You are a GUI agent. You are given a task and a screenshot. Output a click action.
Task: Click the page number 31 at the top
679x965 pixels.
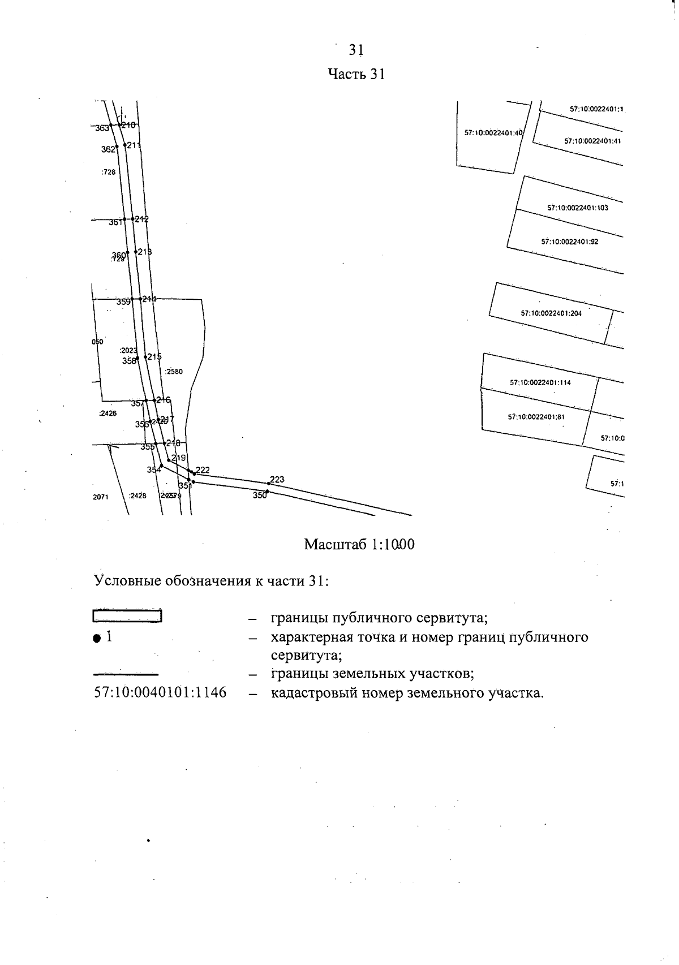pyautogui.click(x=355, y=50)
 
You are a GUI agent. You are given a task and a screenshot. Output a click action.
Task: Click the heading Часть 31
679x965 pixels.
pyautogui.click(x=356, y=75)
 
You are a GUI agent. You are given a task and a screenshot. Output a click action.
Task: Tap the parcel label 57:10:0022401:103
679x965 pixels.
pyautogui.click(x=577, y=208)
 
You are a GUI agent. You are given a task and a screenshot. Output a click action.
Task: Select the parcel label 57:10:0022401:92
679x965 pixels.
pyautogui.click(x=569, y=242)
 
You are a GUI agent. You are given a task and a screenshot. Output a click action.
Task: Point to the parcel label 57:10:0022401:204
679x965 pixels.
pyautogui.click(x=551, y=313)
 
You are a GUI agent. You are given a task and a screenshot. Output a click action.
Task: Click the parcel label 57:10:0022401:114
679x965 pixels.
pyautogui.click(x=540, y=382)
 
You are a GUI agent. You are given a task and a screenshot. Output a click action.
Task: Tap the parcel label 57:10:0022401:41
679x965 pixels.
pyautogui.click(x=592, y=141)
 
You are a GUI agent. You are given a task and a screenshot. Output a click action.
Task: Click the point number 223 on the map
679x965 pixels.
pyautogui.click(x=277, y=480)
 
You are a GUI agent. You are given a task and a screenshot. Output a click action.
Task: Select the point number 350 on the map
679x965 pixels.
pyautogui.click(x=259, y=496)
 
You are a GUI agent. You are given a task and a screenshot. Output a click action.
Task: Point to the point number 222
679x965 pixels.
pyautogui.click(x=203, y=470)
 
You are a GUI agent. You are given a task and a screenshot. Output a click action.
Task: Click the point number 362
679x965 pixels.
pyautogui.click(x=108, y=149)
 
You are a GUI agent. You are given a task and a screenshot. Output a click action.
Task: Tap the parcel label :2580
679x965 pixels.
pyautogui.click(x=174, y=372)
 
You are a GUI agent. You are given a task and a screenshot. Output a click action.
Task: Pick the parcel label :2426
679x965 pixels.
pyautogui.click(x=108, y=413)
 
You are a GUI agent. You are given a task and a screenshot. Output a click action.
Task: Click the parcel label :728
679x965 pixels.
pyautogui.click(x=108, y=172)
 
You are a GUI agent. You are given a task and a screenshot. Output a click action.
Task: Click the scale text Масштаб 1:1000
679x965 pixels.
pyautogui.click(x=359, y=545)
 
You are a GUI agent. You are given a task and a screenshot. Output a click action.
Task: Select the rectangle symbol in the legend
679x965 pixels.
pyautogui.click(x=127, y=616)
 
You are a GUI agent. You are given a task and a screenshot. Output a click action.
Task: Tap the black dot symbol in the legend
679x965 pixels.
pyautogui.click(x=97, y=638)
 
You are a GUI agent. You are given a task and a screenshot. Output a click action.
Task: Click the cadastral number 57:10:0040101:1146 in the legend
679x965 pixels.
pyautogui.click(x=160, y=692)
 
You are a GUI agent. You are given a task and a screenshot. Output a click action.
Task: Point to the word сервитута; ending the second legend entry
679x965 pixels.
pyautogui.click(x=306, y=656)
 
